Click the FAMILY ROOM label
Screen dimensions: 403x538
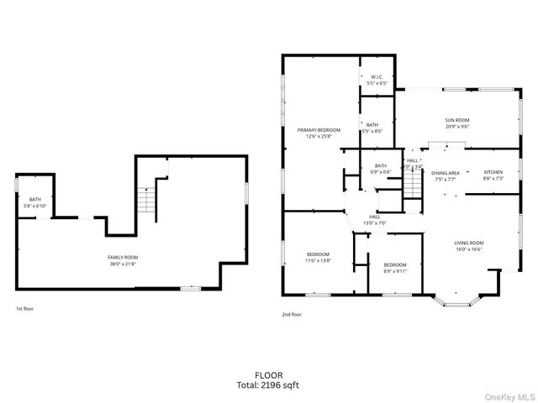pos(123,257)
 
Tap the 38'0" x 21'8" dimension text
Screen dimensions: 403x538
pos(123,264)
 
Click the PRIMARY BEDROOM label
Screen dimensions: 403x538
pos(319,129)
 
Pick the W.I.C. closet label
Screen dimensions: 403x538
pos(377,77)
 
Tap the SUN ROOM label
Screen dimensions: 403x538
pos(456,120)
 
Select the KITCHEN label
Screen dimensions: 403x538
pos(493,172)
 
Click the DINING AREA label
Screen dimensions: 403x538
pos(446,172)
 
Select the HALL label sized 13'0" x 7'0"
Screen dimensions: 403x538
pos(373,219)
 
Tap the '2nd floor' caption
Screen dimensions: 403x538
pos(292,314)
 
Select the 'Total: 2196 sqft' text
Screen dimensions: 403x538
pos(269,385)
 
